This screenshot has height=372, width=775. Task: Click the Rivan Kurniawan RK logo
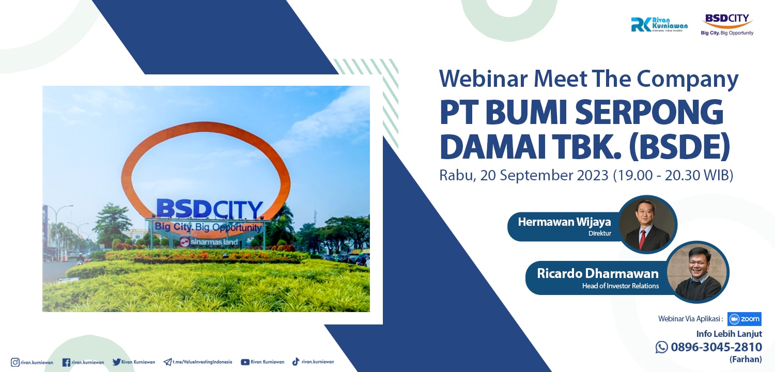coord(659,25)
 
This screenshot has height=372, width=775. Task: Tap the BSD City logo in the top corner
coord(727,24)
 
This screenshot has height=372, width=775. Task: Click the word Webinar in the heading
coord(484,79)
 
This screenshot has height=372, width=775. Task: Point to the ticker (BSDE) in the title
coord(679,147)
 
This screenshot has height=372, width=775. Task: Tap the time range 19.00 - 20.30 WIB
coord(673,175)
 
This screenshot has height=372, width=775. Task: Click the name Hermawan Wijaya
coord(564,222)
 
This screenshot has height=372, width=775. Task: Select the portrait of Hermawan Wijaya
coord(648,224)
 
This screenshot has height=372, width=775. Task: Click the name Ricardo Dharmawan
coord(597,273)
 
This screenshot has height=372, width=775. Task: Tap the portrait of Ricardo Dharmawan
coord(697,272)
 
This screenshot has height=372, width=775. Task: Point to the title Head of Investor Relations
coord(621,286)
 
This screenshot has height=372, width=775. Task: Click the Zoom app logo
coord(744,319)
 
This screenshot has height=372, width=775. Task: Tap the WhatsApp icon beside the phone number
coord(661,347)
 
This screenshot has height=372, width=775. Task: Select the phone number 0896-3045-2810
coord(716,347)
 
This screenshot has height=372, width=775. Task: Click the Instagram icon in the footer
coord(15,362)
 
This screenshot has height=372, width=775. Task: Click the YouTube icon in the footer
coord(245,362)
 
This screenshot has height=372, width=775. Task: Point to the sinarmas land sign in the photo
coord(209,242)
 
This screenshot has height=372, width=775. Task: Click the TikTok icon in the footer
coord(296,362)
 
